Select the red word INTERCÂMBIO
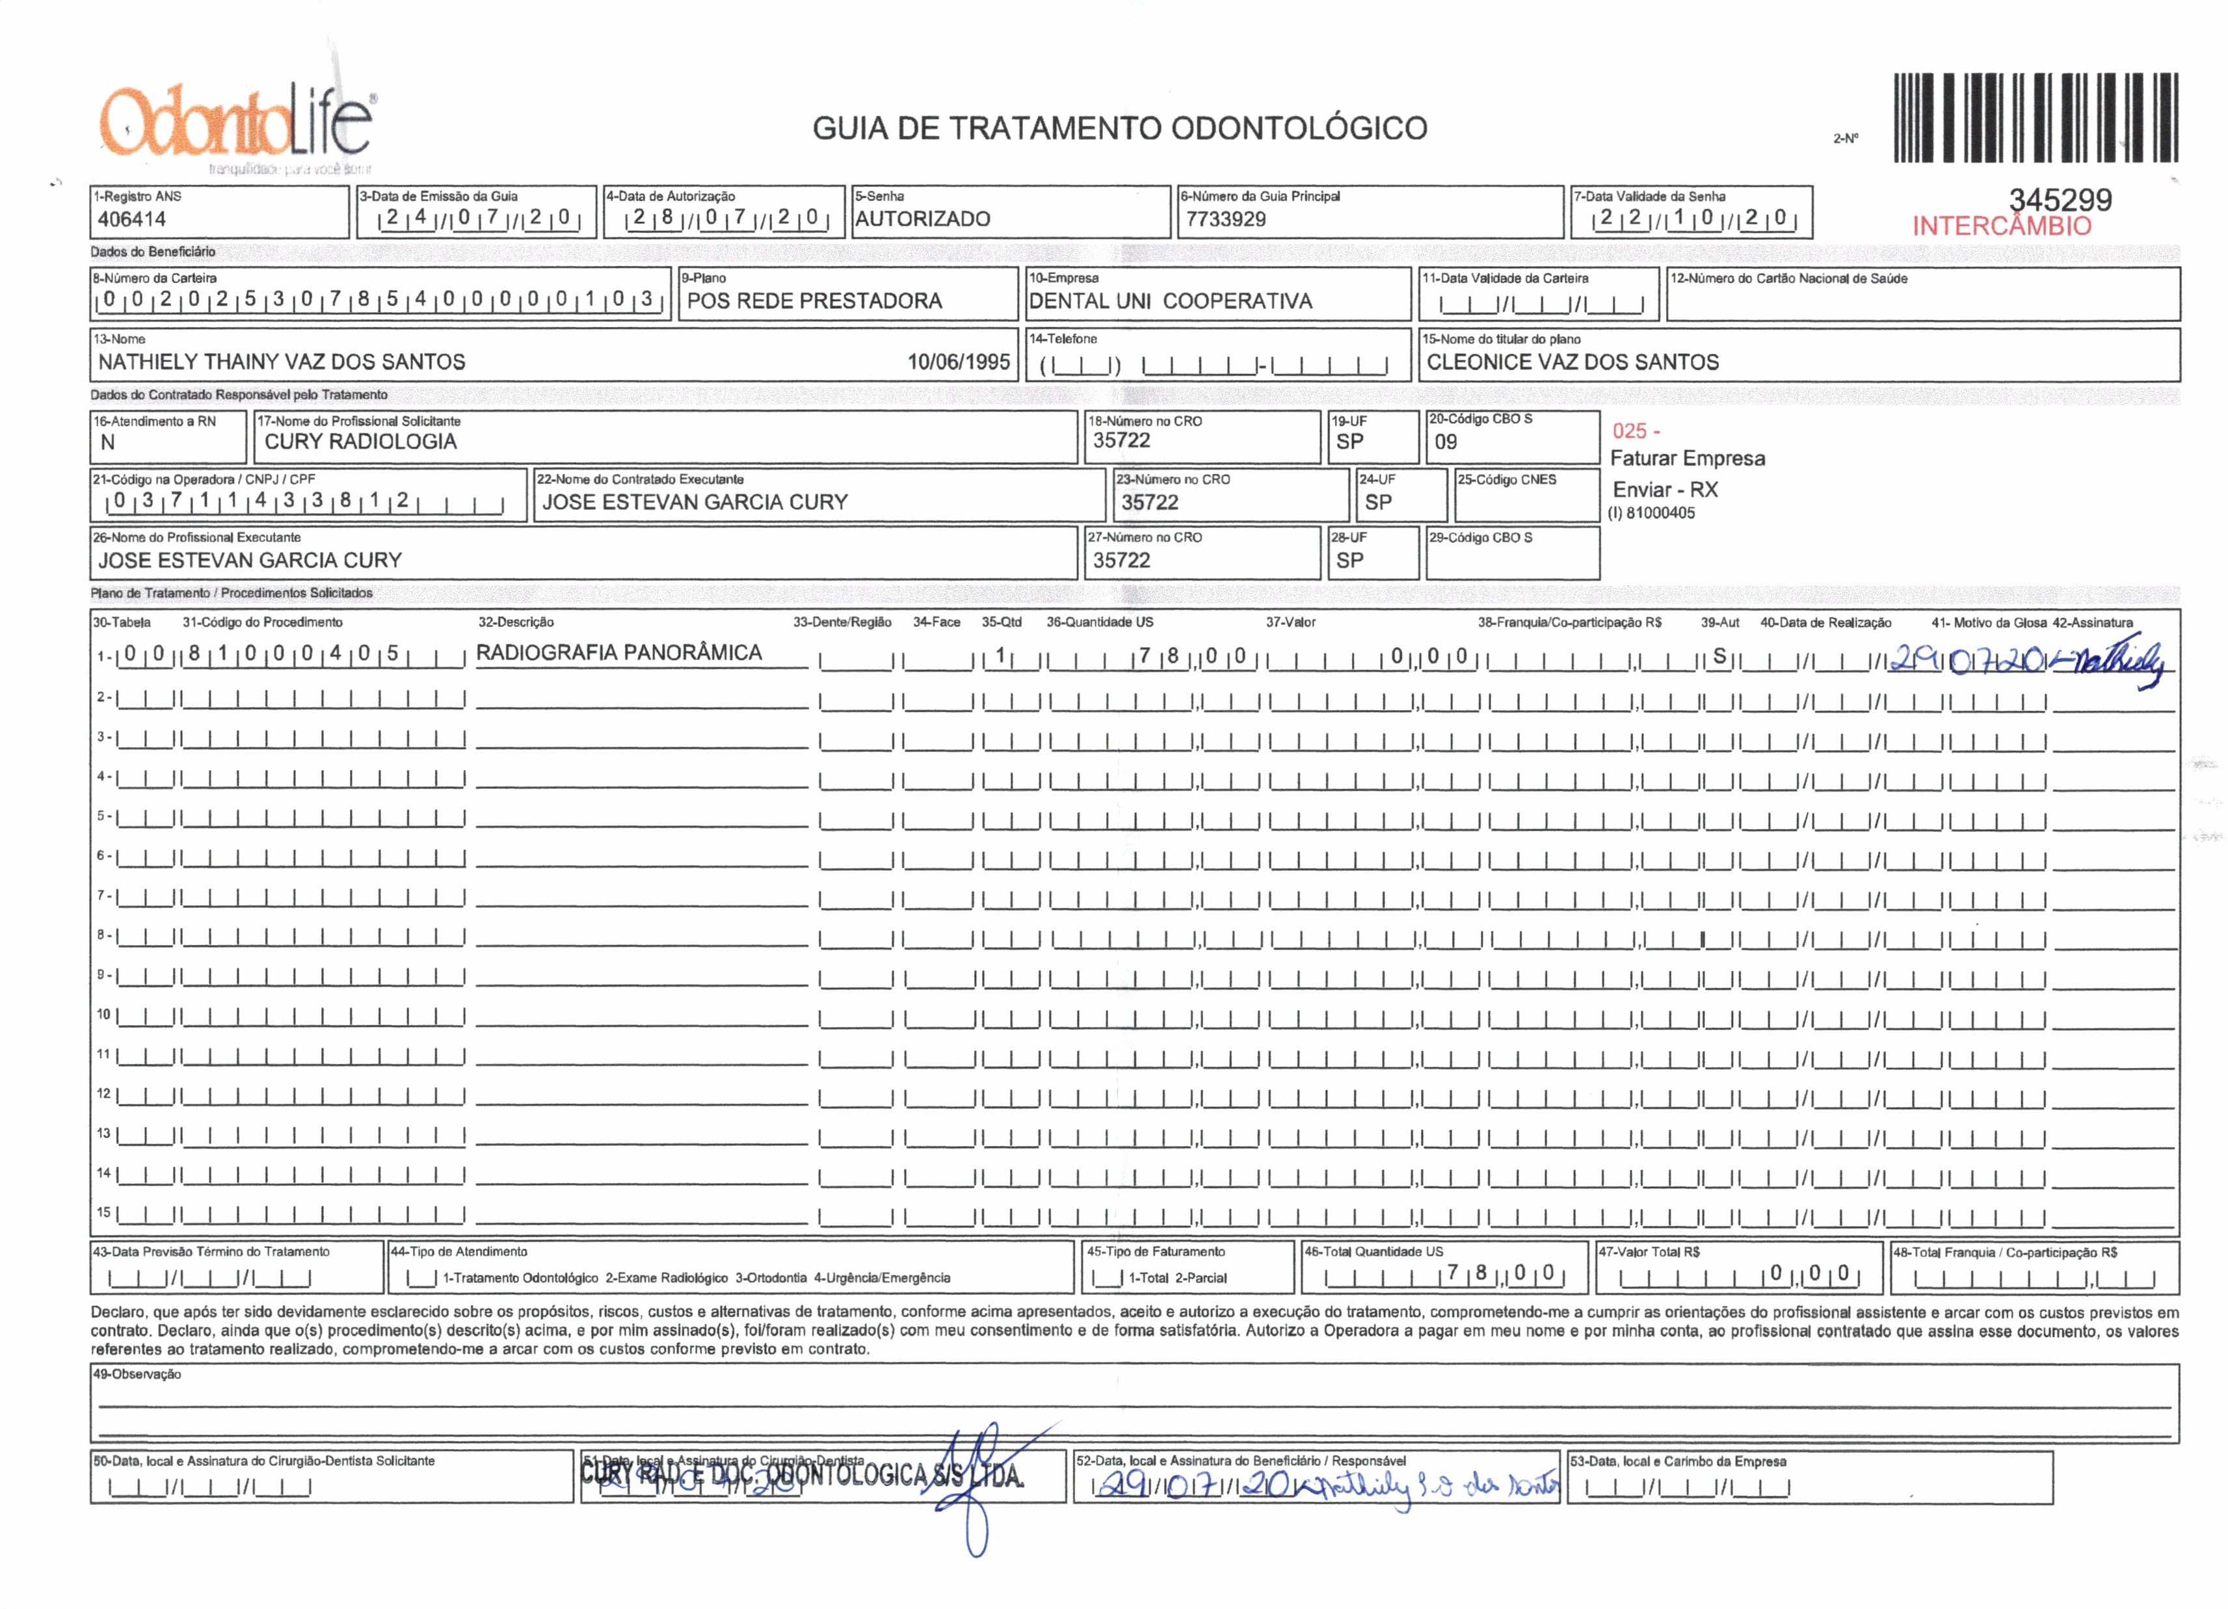click(2001, 226)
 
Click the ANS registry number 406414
click(131, 219)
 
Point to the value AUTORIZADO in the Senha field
click(922, 219)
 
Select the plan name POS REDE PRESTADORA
click(814, 300)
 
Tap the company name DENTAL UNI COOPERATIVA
click(1170, 300)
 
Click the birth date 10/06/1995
click(958, 362)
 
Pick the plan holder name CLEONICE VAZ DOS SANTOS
click(1572, 362)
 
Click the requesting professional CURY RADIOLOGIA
click(360, 441)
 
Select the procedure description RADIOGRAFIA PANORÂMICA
click(619, 652)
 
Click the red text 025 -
click(1636, 431)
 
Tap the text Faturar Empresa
click(1687, 458)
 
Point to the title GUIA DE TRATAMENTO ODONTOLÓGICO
click(1119, 127)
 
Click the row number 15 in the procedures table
click(103, 1212)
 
